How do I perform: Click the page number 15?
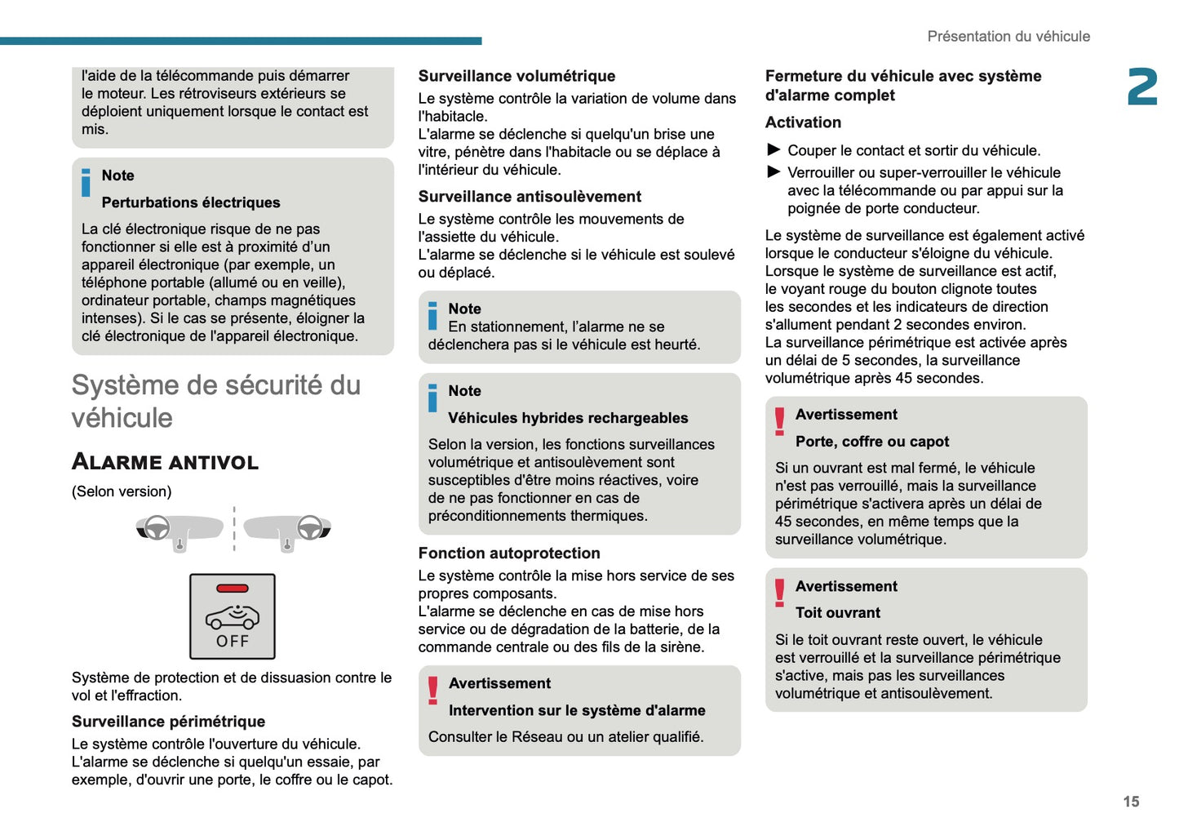tap(1130, 802)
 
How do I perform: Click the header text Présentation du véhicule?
tap(1008, 37)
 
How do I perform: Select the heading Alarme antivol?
tap(165, 462)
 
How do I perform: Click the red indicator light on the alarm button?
tap(233, 589)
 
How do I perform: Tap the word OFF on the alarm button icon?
tap(233, 642)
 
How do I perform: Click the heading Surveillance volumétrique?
tap(516, 76)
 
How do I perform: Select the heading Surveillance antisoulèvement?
tap(530, 197)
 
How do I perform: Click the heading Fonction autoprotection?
tap(509, 553)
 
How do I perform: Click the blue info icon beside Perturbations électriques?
tap(86, 183)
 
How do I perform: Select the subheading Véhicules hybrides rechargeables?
tap(568, 418)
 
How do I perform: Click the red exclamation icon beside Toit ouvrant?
tap(780, 593)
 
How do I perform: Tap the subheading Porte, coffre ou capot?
tap(872, 442)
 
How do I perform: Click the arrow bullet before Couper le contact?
tap(774, 149)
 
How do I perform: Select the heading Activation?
tap(803, 122)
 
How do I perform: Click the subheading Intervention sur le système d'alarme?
tap(577, 710)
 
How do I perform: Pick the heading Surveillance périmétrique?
tap(168, 722)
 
